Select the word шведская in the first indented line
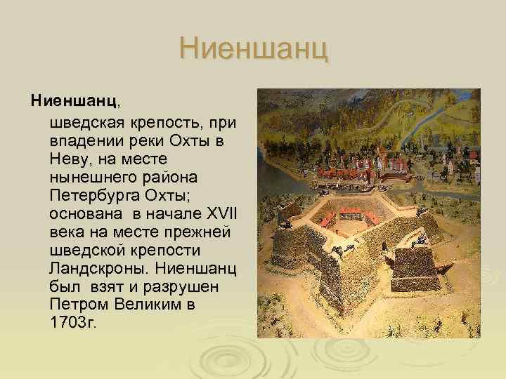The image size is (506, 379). [x=83, y=123]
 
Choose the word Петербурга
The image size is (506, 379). [x=90, y=196]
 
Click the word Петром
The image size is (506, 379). [x=76, y=305]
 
